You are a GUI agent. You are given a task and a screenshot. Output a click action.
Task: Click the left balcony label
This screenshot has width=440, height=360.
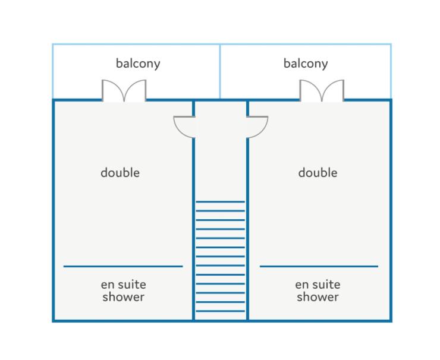point(138,64)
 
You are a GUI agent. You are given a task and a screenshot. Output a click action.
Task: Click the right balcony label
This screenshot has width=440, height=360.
point(306,64)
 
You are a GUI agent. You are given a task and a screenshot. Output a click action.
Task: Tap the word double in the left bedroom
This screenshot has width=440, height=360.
point(120,172)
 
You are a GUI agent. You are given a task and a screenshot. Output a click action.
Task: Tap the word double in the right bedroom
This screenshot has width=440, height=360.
point(318,172)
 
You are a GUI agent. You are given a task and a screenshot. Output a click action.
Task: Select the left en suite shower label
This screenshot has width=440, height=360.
point(124,290)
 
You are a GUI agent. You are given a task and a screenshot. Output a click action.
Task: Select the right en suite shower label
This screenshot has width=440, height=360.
point(318,290)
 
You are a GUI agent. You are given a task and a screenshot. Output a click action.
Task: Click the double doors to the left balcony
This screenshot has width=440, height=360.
point(124,90)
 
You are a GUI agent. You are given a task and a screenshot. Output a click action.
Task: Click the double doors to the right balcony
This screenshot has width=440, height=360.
point(322,90)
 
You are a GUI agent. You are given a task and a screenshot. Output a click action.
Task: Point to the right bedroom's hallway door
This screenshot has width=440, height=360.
point(257,127)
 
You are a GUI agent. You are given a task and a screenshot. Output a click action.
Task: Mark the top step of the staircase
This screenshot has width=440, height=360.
point(220,201)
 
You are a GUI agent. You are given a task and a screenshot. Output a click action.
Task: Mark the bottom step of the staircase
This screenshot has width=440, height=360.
point(220,311)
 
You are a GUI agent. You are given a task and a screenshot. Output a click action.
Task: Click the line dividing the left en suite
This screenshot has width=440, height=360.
point(123,266)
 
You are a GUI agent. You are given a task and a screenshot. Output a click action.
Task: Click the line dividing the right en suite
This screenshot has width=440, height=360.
point(319,266)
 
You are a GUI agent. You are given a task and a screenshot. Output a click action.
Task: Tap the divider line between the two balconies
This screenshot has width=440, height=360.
point(220,71)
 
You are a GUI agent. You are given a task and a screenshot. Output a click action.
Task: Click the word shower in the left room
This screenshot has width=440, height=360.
point(124,297)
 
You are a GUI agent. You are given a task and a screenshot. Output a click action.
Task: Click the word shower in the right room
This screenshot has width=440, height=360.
point(318,297)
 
